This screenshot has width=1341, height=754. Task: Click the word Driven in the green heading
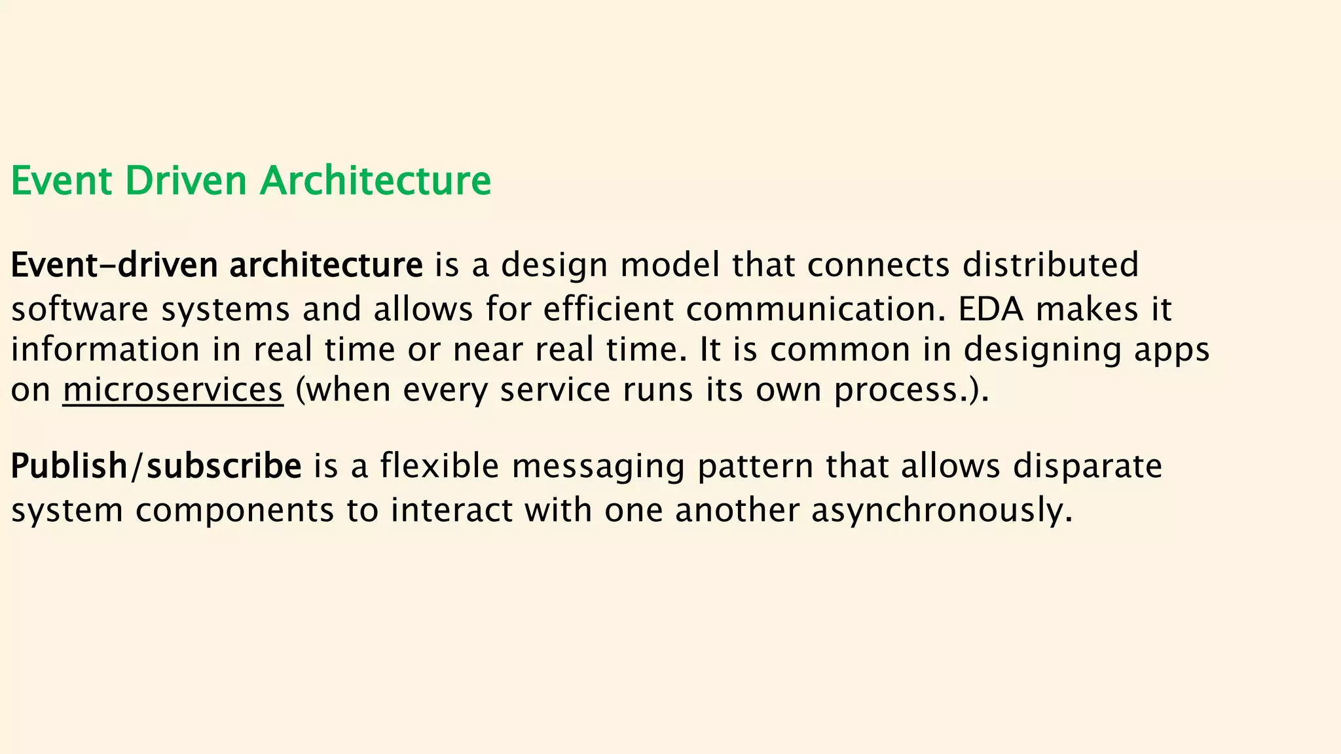pyautogui.click(x=185, y=181)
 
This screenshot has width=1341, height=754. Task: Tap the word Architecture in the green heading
pyautogui.click(x=375, y=181)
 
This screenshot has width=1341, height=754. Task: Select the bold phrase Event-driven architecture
pyautogui.click(x=217, y=265)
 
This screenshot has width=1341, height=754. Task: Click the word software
pyautogui.click(x=80, y=308)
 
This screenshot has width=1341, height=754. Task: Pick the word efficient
pyautogui.click(x=608, y=308)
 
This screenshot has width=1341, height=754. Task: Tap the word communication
pyautogui.click(x=816, y=308)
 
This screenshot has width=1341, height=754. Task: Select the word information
pyautogui.click(x=105, y=349)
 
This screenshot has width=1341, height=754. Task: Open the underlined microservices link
pyautogui.click(x=173, y=390)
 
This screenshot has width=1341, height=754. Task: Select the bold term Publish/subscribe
pyautogui.click(x=156, y=467)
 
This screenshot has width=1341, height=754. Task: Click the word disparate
pyautogui.click(x=1088, y=467)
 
